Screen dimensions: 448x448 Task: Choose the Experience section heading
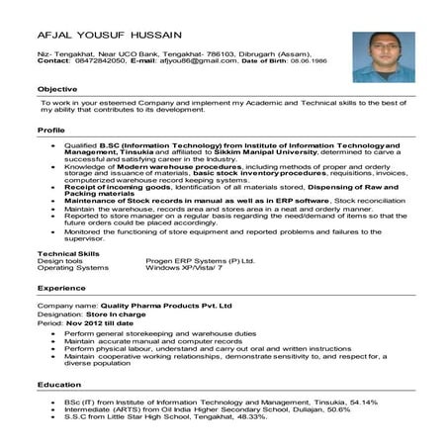[x=61, y=287]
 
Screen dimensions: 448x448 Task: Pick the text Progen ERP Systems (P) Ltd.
[x=200, y=261]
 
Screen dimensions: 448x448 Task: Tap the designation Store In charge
[x=117, y=315]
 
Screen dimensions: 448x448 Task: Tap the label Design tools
[x=59, y=261]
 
